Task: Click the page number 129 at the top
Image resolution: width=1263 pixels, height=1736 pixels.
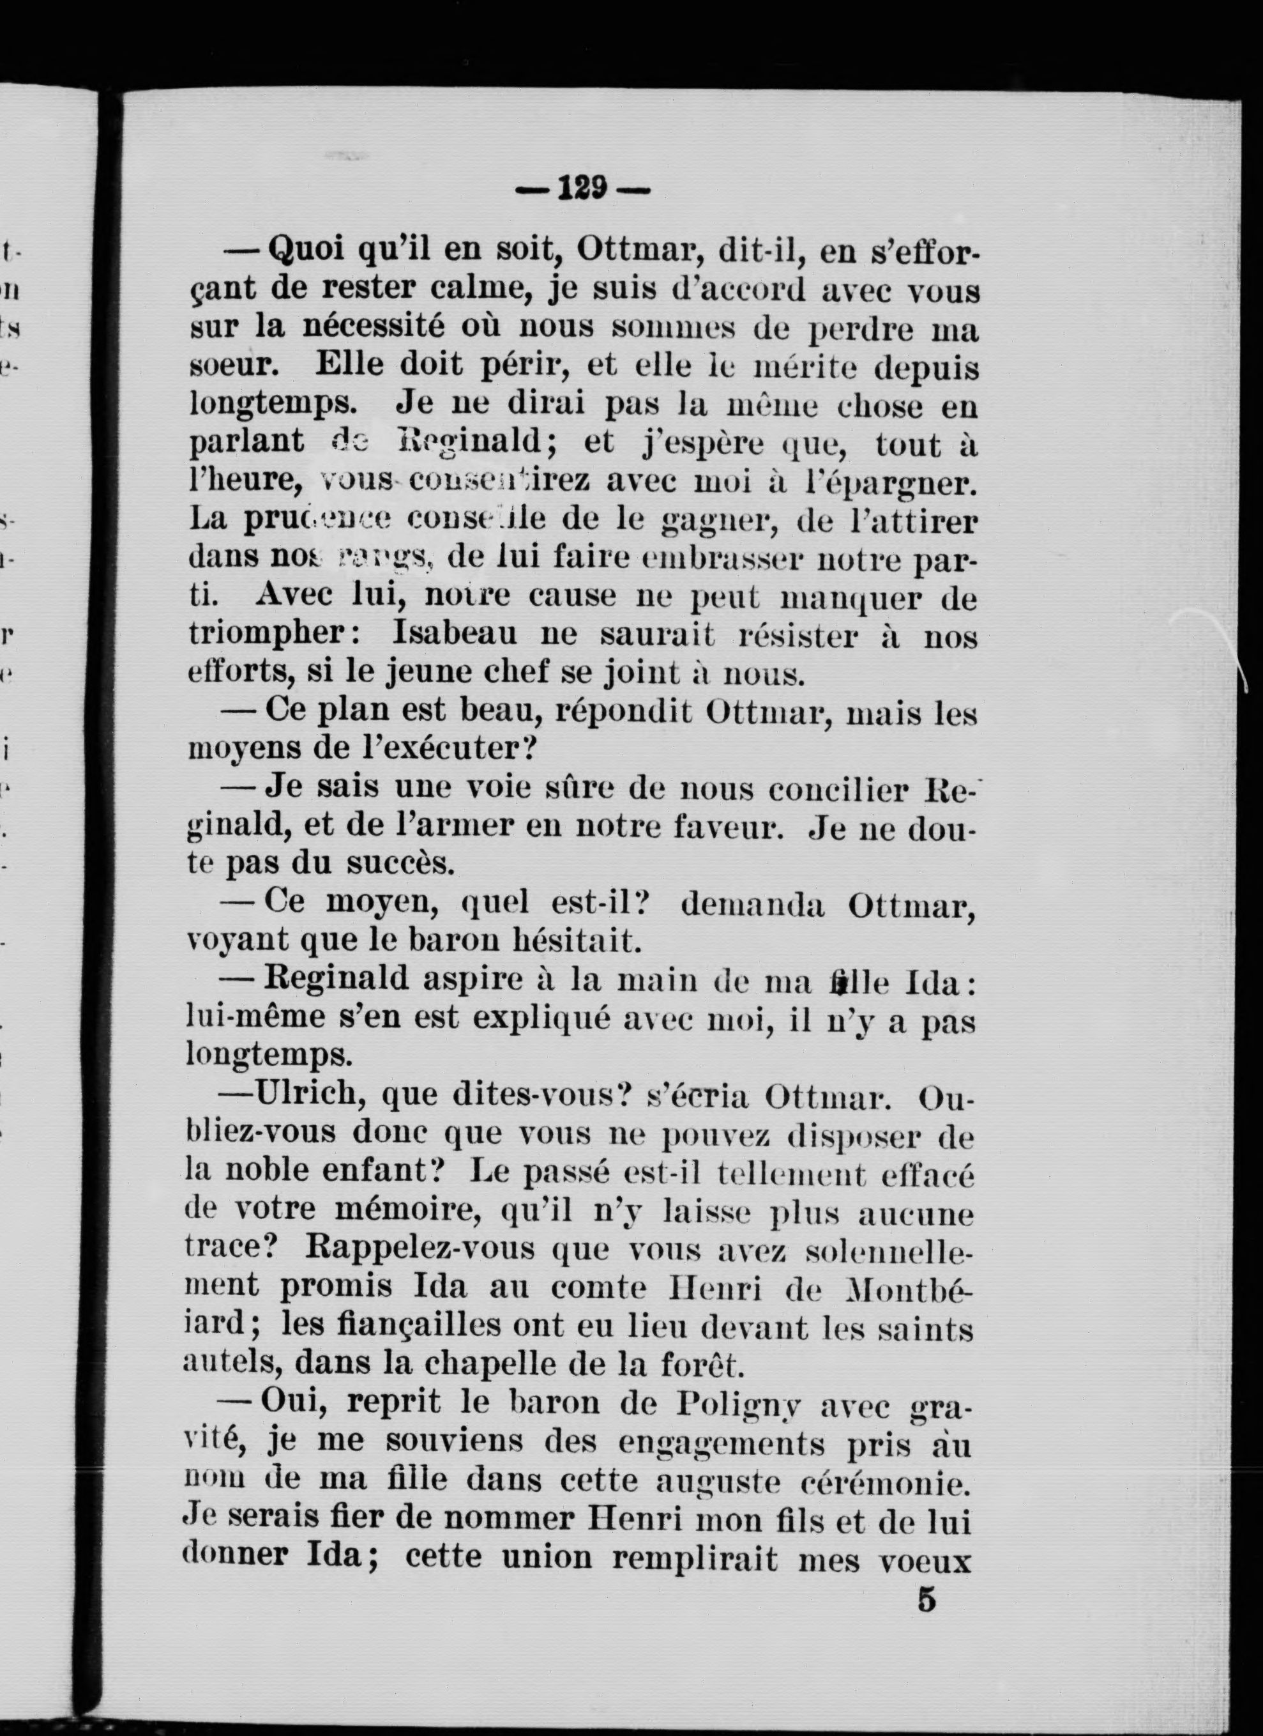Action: [582, 188]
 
